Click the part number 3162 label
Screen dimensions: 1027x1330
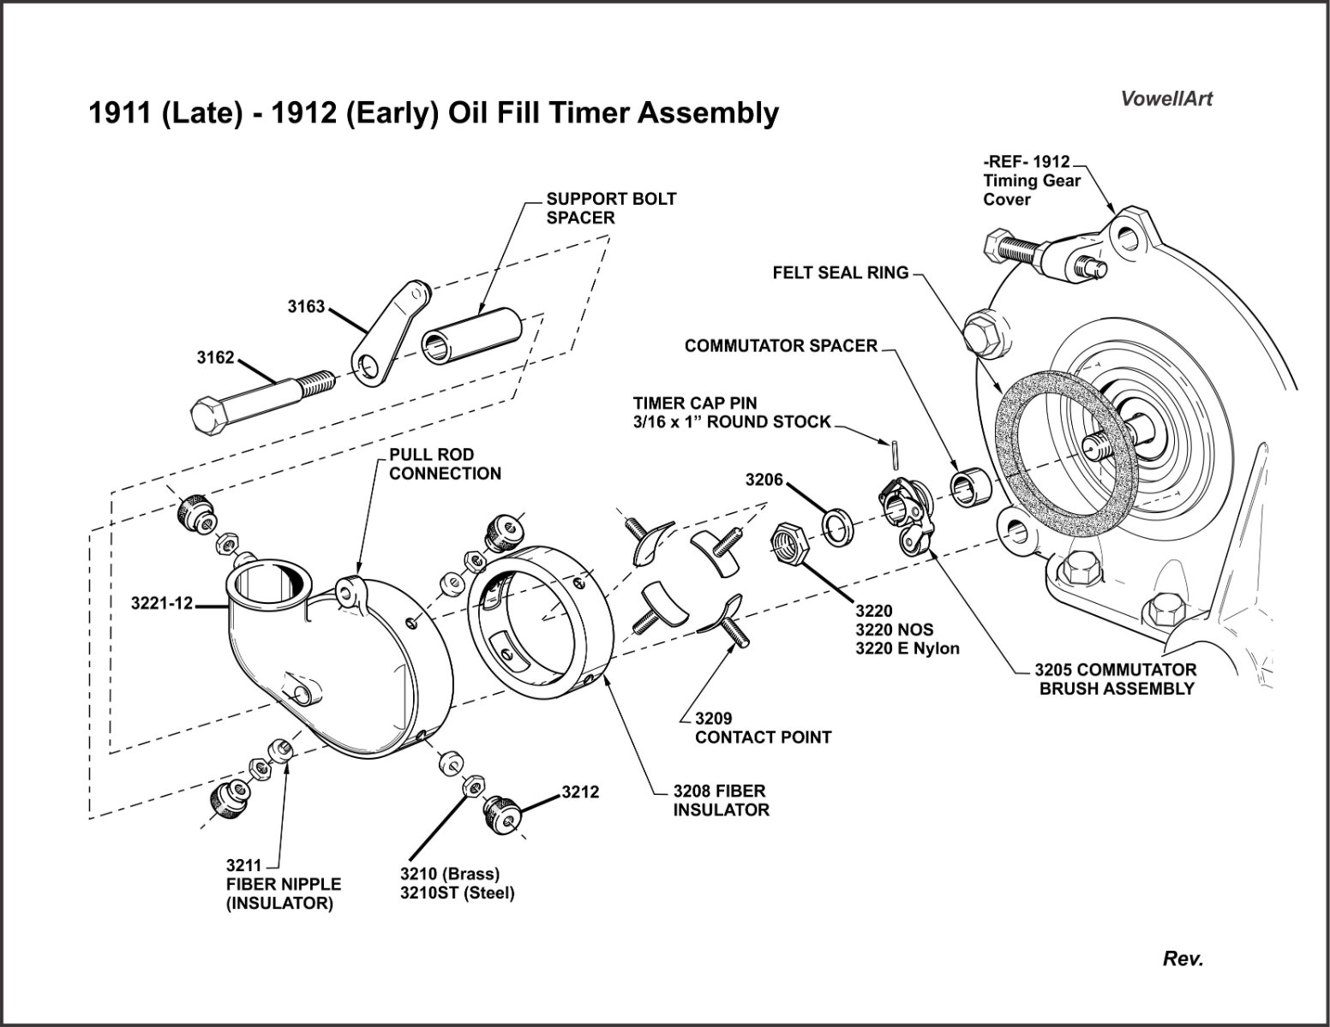click(x=215, y=357)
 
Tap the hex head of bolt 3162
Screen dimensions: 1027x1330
click(x=208, y=416)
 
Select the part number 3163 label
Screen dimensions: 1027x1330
click(x=306, y=306)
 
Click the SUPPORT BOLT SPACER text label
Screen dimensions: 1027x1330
click(x=611, y=208)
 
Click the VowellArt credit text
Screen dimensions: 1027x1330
click(x=1166, y=99)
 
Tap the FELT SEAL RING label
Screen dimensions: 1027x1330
click(x=840, y=272)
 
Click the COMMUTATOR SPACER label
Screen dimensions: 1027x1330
click(x=781, y=346)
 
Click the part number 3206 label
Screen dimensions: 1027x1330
click(x=764, y=480)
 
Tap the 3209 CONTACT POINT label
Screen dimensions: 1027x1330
click(x=763, y=727)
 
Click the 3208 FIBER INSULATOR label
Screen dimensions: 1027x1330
click(x=720, y=800)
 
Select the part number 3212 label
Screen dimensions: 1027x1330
click(x=580, y=792)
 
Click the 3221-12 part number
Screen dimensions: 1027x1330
click(x=162, y=603)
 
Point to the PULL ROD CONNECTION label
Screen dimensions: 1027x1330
click(x=445, y=463)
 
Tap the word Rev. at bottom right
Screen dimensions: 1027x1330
click(x=1183, y=958)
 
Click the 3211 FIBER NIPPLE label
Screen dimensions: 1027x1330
click(x=283, y=884)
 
